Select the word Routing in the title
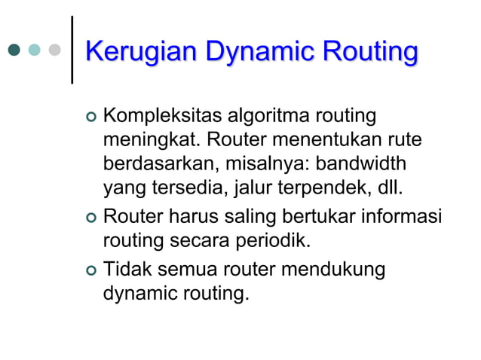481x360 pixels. pyautogui.click(x=369, y=53)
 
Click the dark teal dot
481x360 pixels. pyautogui.click(x=14, y=50)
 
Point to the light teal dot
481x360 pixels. pyautogui.click(x=34, y=50)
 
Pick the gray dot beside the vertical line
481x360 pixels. pyautogui.click(x=54, y=50)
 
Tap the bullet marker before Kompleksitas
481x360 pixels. pyautogui.click(x=92, y=118)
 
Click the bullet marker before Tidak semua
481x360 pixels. pyautogui.click(x=92, y=270)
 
